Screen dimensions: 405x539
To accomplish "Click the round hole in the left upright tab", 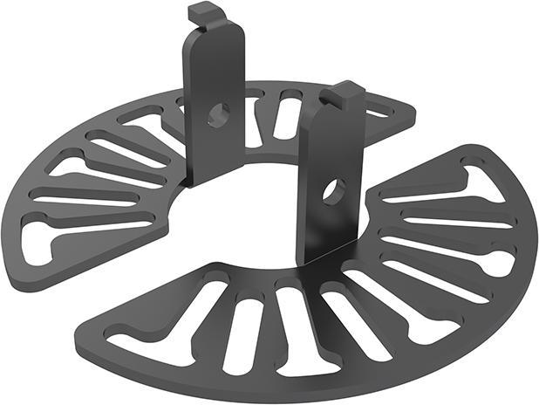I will pyautogui.click(x=218, y=113).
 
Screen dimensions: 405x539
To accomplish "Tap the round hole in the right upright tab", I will pyautogui.click(x=332, y=192).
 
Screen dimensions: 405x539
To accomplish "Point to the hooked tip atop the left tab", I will pyautogui.click(x=202, y=12).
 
